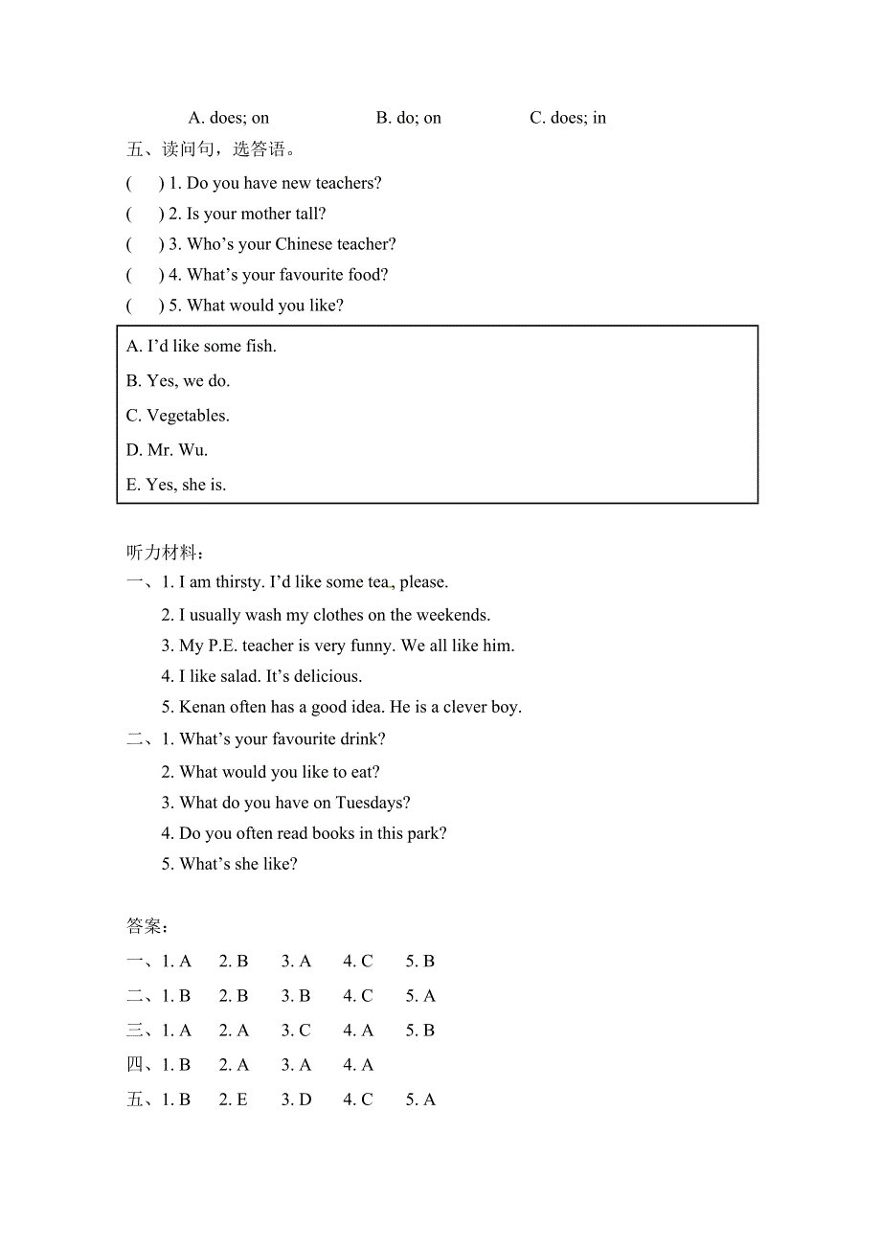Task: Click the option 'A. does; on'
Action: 229,118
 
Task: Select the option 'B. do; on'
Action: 409,118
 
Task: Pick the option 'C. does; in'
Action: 568,118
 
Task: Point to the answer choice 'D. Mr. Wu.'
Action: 168,450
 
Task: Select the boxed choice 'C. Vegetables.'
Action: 178,416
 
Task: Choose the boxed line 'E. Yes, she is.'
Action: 176,485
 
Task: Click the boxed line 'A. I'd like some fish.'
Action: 201,346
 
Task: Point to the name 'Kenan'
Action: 201,707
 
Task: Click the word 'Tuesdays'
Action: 370,803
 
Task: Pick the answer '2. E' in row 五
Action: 234,1100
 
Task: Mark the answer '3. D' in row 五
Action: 296,1100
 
